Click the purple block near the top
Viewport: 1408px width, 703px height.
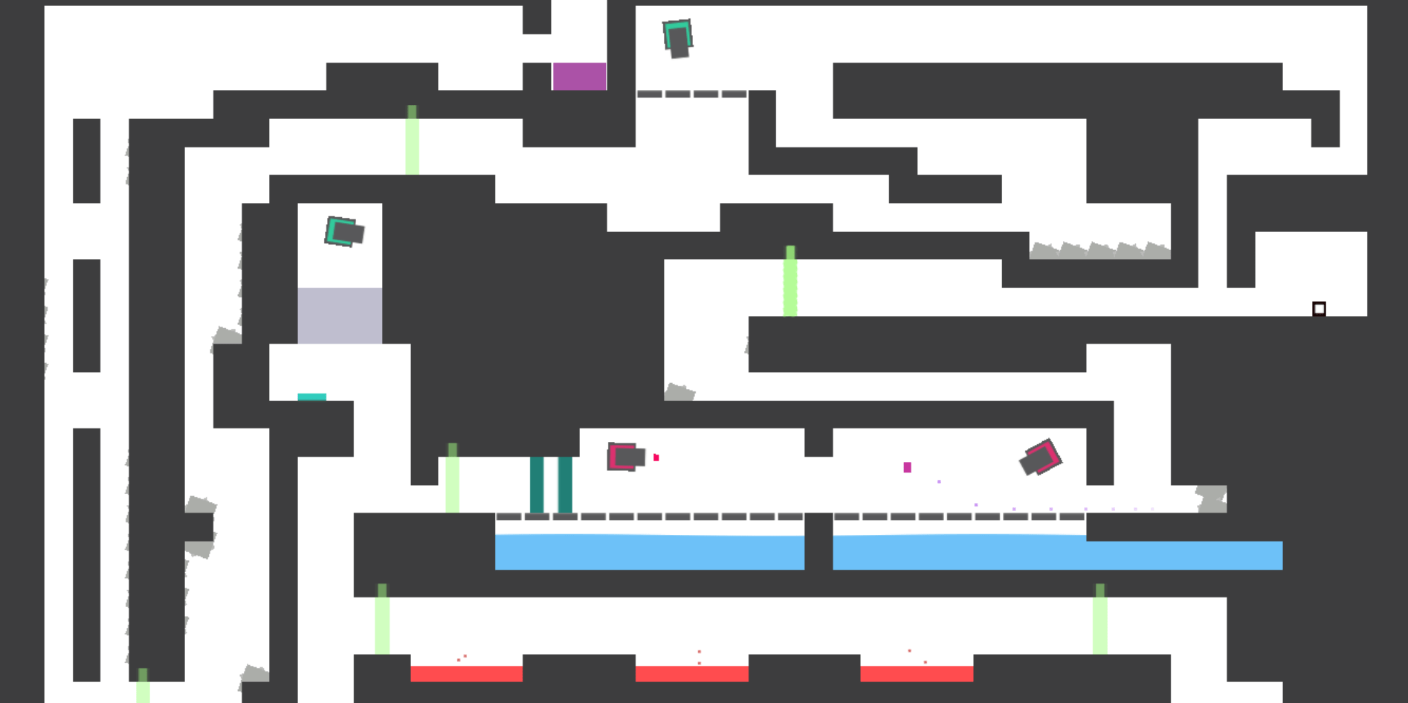579,77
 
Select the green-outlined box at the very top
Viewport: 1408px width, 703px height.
677,38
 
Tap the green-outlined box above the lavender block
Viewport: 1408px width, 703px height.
344,231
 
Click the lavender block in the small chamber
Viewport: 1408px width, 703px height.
340,315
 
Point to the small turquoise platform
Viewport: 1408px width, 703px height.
311,397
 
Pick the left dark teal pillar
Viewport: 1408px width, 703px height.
537,484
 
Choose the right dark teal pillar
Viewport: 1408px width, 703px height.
565,484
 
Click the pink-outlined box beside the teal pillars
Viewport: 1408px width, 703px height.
625,457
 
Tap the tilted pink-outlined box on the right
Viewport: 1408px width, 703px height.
1040,458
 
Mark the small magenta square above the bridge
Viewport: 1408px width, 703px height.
907,467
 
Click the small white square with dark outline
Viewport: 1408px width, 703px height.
1319,309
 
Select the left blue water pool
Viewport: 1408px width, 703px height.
649,552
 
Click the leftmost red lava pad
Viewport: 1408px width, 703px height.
466,674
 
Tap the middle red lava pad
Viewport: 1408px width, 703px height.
691,674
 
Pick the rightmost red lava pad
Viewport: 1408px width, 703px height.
917,674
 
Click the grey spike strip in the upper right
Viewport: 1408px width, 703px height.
1099,251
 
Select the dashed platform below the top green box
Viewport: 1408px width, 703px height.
691,94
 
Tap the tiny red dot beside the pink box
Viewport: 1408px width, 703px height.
656,458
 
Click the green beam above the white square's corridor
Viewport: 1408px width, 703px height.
790,281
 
